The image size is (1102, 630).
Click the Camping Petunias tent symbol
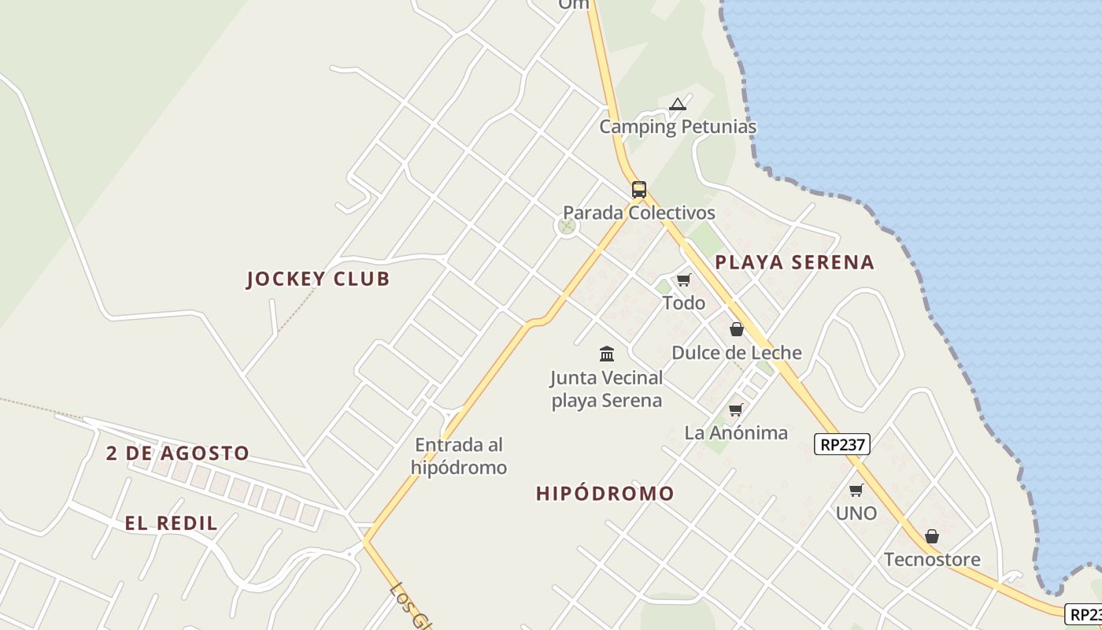tap(678, 104)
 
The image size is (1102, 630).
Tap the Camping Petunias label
tap(678, 127)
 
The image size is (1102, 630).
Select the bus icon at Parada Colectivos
tap(638, 190)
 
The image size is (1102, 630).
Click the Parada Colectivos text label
tap(638, 213)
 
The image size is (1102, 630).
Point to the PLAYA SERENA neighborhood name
tap(794, 263)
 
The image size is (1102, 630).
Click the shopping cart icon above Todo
tap(683, 280)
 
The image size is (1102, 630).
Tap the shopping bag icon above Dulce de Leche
tap(736, 329)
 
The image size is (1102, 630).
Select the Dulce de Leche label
tap(736, 353)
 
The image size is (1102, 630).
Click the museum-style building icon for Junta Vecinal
tap(606, 354)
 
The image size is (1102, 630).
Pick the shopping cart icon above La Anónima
tap(735, 409)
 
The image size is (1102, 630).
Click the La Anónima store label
tap(735, 432)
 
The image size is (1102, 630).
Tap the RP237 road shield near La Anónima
tap(841, 444)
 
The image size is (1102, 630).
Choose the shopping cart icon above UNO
tap(856, 491)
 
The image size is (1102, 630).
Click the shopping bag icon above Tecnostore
tap(932, 536)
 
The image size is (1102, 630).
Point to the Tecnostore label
tap(932, 560)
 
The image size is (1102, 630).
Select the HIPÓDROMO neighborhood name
tap(605, 494)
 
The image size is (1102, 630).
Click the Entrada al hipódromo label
tap(459, 456)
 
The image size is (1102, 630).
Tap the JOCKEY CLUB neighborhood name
tap(318, 279)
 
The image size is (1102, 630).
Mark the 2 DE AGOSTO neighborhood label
tap(178, 454)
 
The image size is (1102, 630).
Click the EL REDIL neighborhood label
tap(171, 524)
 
